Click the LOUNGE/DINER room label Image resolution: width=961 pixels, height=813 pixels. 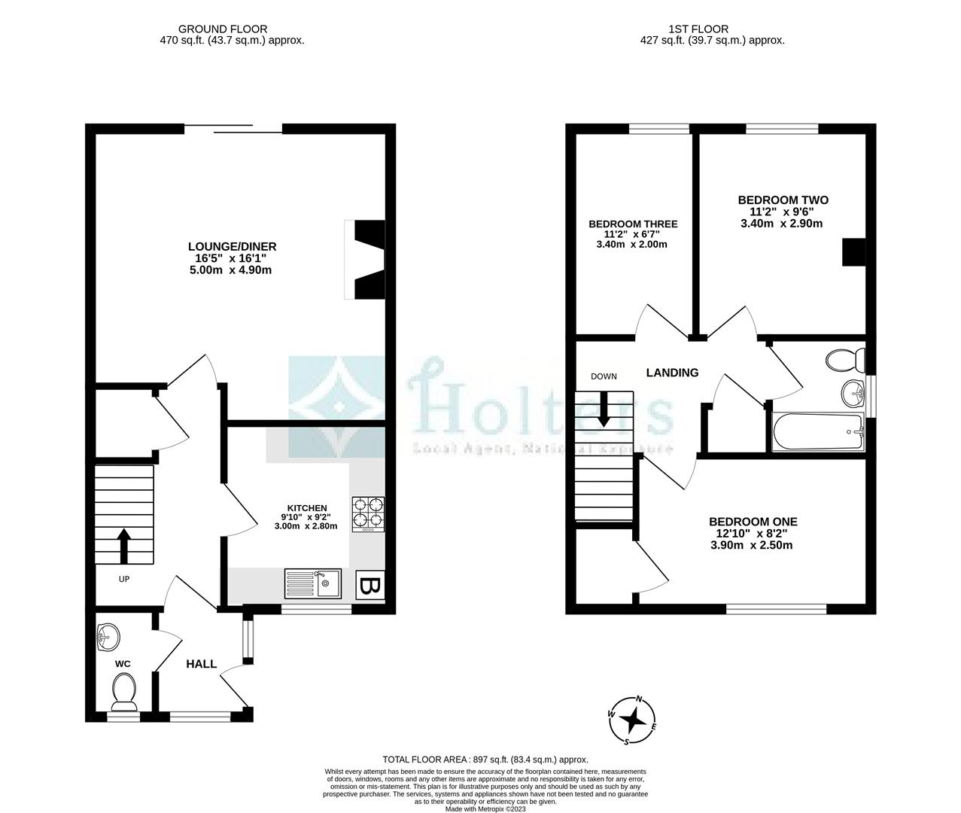coord(232,246)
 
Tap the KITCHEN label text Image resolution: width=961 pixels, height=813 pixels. coord(306,508)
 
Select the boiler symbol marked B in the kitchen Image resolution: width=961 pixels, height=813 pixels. coord(369,586)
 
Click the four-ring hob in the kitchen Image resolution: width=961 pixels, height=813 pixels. coord(367,513)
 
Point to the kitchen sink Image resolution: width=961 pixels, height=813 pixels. coord(312,583)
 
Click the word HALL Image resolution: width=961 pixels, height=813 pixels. coord(202,664)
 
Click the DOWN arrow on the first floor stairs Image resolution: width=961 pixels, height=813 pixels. coord(603,410)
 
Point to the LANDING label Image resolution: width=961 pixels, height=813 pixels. coord(673,373)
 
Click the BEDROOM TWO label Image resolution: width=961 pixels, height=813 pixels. coord(783,200)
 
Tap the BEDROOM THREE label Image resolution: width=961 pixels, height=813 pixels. coord(633,224)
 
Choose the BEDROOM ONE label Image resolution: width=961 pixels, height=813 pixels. coord(753,522)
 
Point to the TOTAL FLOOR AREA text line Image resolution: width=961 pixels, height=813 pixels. coord(485,760)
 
